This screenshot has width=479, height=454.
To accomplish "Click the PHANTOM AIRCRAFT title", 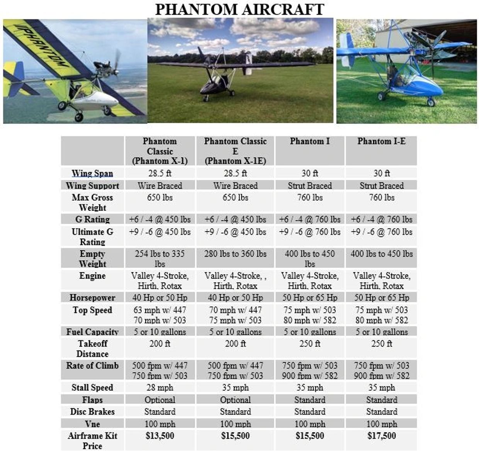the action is [x=239, y=9].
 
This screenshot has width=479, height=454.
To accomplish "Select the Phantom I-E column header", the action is [x=381, y=141].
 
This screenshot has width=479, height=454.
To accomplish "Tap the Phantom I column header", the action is [x=310, y=141].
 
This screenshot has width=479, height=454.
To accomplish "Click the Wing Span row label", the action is [x=92, y=173].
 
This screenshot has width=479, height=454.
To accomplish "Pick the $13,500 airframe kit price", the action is [x=160, y=436].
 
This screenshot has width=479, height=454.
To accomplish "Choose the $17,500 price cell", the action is [x=381, y=436].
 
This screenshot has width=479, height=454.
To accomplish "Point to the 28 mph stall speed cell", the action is [x=160, y=387].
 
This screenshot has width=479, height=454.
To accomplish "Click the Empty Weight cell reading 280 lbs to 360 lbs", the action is [x=235, y=254].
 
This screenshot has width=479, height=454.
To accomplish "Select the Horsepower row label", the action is [x=92, y=297].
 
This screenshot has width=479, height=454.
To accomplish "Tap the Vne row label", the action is [x=92, y=424].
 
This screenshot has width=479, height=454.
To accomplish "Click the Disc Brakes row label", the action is [x=92, y=412].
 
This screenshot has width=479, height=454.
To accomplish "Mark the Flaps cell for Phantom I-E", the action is [x=381, y=400].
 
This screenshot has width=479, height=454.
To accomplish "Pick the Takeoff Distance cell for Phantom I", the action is [x=310, y=343].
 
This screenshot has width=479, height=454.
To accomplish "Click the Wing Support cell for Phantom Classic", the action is [x=160, y=186].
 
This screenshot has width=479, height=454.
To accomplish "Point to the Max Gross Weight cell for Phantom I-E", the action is [x=381, y=197].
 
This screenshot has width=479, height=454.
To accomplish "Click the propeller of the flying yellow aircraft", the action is [x=116, y=64].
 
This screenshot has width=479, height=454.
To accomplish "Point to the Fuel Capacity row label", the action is [x=92, y=332].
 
